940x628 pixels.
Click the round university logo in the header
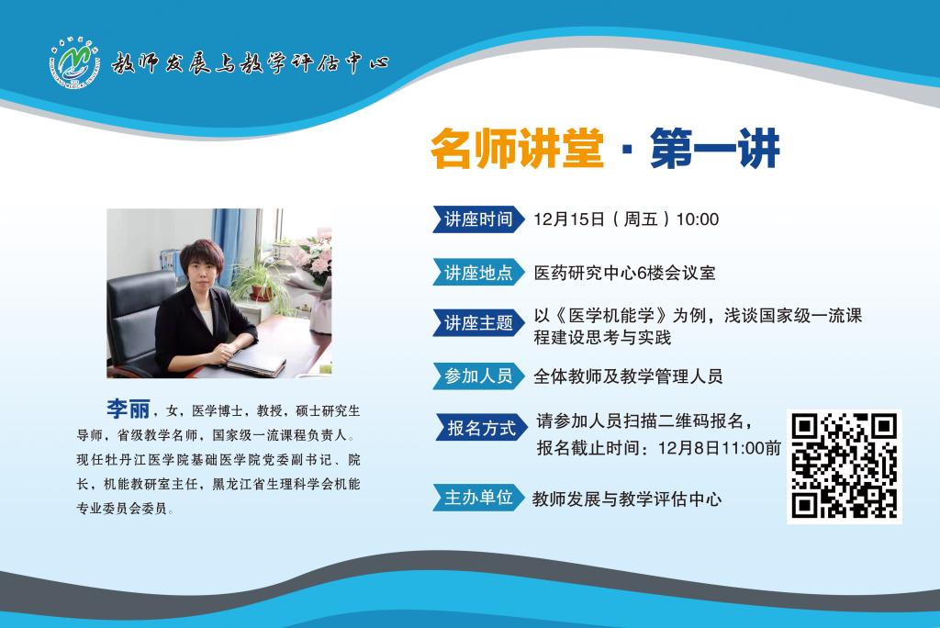coord(74,62)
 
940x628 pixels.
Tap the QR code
coord(845,466)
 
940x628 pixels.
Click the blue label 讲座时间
coord(478,219)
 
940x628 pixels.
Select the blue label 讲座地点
coord(478,273)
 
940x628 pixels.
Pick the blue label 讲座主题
coord(478,323)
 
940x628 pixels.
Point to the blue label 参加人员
coord(478,376)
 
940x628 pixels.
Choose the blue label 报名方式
coord(481,428)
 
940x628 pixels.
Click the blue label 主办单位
coord(478,498)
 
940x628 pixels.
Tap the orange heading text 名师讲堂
coord(517,149)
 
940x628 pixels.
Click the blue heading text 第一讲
coord(714,149)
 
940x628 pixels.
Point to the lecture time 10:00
coord(698,219)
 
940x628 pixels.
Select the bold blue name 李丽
coord(129,409)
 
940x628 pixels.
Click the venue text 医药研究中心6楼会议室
coord(624,273)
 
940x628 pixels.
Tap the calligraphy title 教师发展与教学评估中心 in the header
coord(250,63)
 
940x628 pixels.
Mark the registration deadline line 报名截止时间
coord(659,447)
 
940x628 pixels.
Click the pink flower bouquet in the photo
coord(313,259)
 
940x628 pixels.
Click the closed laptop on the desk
coord(256,361)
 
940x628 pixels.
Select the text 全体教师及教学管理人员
coord(628,376)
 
